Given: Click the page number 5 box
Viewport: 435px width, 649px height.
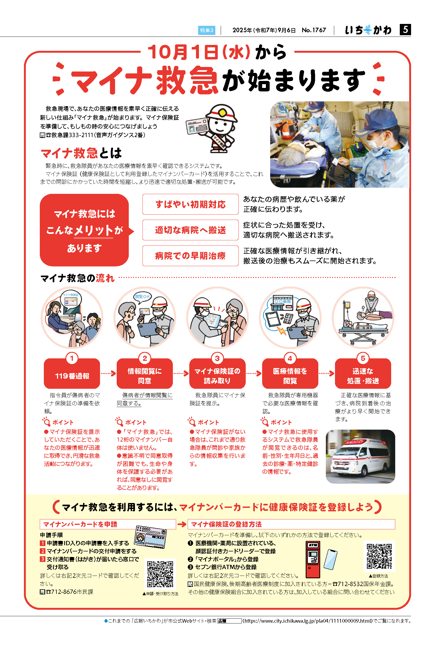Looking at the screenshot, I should (x=405, y=29).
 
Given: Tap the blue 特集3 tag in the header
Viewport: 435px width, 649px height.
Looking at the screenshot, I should (x=206, y=30).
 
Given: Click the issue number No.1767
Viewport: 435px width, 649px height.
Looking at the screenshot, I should (x=314, y=30).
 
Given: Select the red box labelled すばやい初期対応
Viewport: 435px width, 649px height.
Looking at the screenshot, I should (x=190, y=204).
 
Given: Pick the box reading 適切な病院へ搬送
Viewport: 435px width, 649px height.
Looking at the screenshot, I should (x=190, y=230).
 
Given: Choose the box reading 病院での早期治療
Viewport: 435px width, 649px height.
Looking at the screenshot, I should (x=190, y=256).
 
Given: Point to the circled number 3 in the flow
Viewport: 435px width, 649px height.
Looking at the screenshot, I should (x=217, y=358).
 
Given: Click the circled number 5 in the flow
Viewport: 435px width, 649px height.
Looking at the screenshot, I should (x=363, y=358).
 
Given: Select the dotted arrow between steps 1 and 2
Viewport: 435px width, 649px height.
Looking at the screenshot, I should (x=108, y=373).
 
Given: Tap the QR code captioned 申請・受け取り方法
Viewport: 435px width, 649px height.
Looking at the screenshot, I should (x=160, y=574).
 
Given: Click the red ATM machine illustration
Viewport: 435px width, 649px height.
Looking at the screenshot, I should (x=313, y=559).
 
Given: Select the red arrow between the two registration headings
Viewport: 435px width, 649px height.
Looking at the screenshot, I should (x=182, y=524).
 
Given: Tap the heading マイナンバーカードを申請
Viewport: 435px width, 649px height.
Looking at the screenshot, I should (x=80, y=524).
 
